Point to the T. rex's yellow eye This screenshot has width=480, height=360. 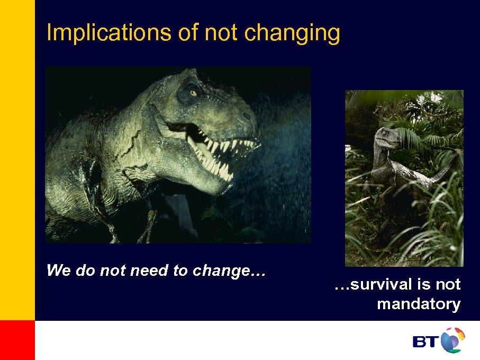[x=193, y=93]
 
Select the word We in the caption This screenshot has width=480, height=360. [x=59, y=271]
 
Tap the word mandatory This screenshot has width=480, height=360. [x=418, y=304]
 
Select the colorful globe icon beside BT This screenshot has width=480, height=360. [x=452, y=339]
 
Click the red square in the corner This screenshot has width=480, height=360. [x=17, y=340]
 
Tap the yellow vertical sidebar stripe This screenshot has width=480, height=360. [x=17, y=159]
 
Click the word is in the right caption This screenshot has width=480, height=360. [x=424, y=285]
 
